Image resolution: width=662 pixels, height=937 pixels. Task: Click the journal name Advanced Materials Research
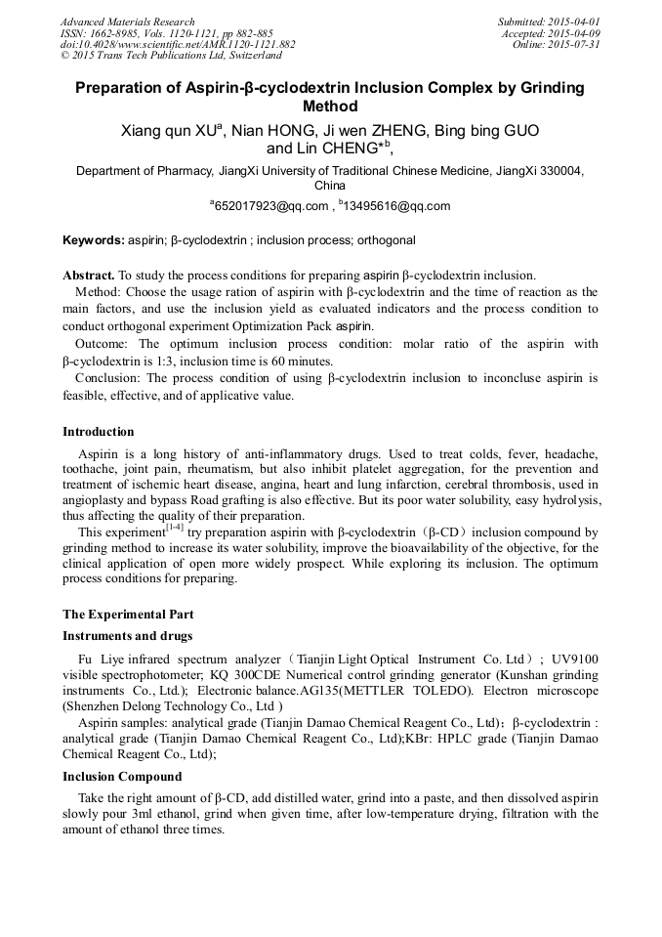point(127,21)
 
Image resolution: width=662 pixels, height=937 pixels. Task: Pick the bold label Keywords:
point(94,240)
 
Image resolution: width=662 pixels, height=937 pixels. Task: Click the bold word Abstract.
point(89,276)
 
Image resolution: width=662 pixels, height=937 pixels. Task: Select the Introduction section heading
point(99,432)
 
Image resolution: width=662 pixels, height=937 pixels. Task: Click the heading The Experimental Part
point(128,615)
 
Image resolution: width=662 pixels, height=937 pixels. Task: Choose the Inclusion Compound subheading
point(122,777)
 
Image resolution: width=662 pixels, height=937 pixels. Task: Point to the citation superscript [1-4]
point(174,529)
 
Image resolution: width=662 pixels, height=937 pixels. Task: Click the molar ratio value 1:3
point(156,360)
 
